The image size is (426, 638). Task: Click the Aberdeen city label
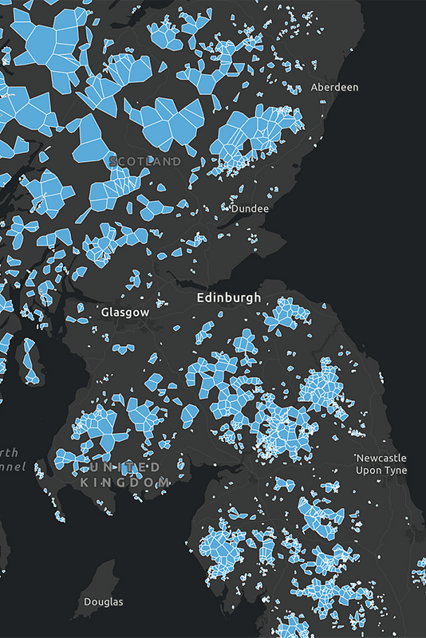pyautogui.click(x=334, y=87)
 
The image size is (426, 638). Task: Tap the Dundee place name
pyautogui.click(x=249, y=208)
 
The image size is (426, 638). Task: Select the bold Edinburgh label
pyautogui.click(x=229, y=297)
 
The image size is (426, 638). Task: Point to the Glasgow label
pyautogui.click(x=125, y=313)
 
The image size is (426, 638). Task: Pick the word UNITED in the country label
pyautogui.click(x=125, y=466)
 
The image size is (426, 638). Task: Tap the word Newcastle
pyautogui.click(x=381, y=459)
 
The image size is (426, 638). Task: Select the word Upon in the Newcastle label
pyautogui.click(x=369, y=471)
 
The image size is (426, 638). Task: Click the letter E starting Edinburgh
pyautogui.click(x=200, y=297)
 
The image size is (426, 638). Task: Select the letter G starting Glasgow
pyautogui.click(x=105, y=313)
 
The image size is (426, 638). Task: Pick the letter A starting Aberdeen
pyautogui.click(x=314, y=87)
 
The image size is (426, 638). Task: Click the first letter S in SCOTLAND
pyautogui.click(x=112, y=161)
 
